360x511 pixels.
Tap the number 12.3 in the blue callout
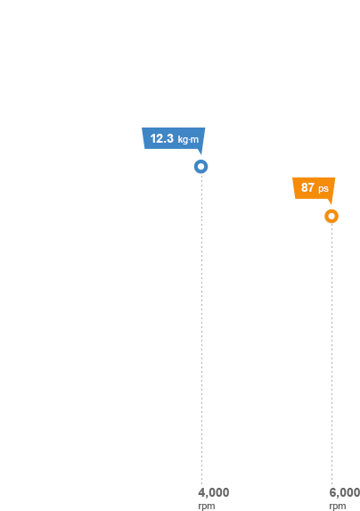[162, 138]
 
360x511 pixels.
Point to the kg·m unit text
[188, 139]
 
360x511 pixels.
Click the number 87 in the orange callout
[307, 187]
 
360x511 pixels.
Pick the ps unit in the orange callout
[323, 189]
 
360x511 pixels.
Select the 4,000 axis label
[214, 492]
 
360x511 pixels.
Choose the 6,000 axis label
[344, 492]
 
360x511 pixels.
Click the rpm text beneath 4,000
[207, 507]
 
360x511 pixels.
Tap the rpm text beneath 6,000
[337, 507]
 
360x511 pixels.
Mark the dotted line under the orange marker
[332, 354]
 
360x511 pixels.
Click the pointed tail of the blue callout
[201, 153]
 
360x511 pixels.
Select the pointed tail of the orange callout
[331, 203]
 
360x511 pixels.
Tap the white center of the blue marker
[201, 167]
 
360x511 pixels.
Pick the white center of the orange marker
[331, 216]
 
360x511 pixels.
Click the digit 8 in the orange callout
[305, 187]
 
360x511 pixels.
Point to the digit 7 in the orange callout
[311, 187]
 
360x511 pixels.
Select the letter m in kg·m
[194, 140]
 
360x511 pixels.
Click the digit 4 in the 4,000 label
[201, 492]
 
